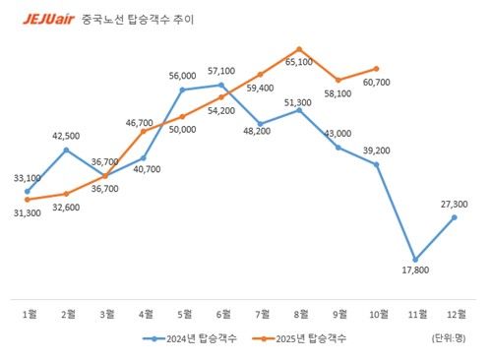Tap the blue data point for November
coord(415,260)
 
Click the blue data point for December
coord(454,217)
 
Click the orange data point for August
coord(299,48)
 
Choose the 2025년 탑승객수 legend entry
coord(299,338)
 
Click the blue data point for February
coord(67,150)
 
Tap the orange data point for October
coord(377,69)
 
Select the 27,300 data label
coord(454,204)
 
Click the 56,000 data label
coord(183,76)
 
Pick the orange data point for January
coord(29,200)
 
